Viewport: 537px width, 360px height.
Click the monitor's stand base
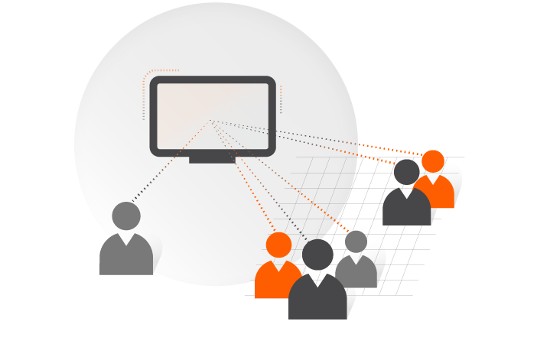click(x=212, y=159)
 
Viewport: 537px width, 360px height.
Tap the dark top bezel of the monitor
click(x=213, y=79)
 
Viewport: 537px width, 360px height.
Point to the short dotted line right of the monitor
click(x=281, y=99)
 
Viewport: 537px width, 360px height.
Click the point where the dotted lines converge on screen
click(x=211, y=121)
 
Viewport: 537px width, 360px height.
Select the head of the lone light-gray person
click(x=126, y=216)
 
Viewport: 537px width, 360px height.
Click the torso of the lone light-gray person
click(x=126, y=256)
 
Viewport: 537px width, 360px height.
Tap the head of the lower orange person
click(x=278, y=245)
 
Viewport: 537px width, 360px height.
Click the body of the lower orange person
click(x=272, y=281)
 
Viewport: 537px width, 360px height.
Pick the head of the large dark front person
click(x=317, y=255)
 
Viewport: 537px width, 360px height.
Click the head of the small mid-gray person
click(x=356, y=242)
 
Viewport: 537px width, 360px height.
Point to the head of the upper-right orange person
click(x=433, y=161)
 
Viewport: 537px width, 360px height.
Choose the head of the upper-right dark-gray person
click(x=406, y=172)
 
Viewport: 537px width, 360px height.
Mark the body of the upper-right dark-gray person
click(x=405, y=208)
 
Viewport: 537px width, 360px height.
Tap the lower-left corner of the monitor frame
click(x=155, y=151)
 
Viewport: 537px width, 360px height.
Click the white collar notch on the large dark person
click(x=317, y=281)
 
